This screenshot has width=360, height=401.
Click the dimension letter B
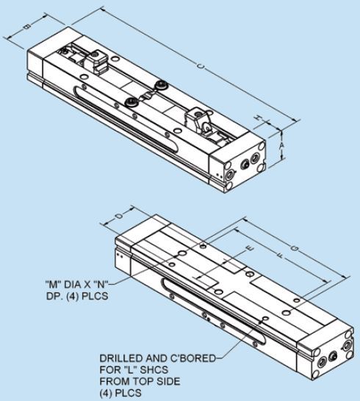(27, 26)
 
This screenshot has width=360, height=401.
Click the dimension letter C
(201, 66)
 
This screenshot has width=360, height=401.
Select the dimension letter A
(281, 145)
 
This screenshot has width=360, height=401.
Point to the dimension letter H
(259, 118)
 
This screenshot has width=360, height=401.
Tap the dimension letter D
(118, 216)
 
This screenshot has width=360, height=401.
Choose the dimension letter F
(281, 255)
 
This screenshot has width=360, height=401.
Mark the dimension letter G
(295, 248)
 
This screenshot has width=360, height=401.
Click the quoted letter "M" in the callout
(53, 284)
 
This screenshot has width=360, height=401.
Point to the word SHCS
(155, 370)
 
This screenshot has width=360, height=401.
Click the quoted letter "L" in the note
(130, 370)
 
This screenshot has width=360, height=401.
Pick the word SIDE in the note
(168, 381)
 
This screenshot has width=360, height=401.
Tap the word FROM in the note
(115, 381)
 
